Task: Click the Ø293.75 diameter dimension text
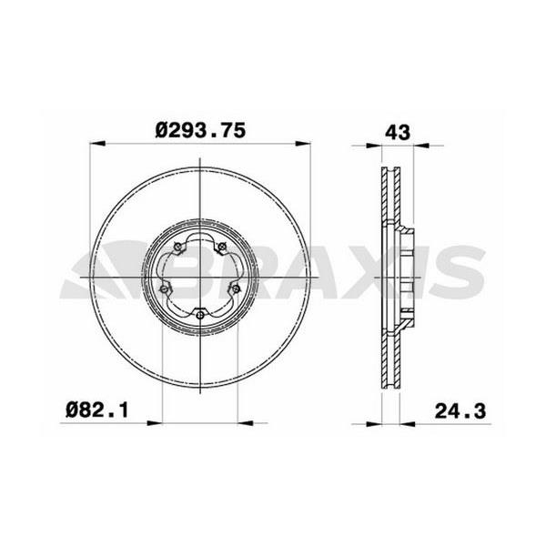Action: (x=200, y=130)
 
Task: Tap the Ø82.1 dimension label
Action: (x=97, y=410)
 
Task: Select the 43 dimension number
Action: (x=398, y=132)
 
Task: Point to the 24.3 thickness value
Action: (x=460, y=411)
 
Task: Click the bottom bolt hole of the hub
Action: (x=200, y=315)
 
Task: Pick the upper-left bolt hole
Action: (x=177, y=247)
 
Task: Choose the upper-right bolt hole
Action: (x=221, y=247)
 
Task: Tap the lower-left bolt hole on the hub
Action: (x=163, y=288)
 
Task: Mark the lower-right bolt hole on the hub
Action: (x=236, y=288)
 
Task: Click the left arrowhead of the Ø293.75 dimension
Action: (x=97, y=143)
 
